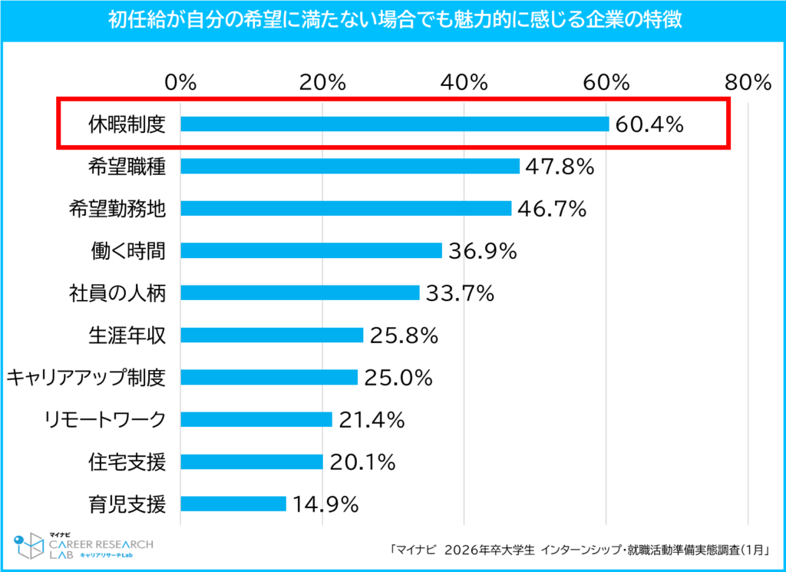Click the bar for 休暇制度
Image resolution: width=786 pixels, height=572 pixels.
coord(395,124)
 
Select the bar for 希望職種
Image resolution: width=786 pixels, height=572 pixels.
coord(350,166)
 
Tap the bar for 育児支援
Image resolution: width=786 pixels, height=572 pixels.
coord(233,504)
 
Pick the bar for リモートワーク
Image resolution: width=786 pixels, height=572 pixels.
coord(256,419)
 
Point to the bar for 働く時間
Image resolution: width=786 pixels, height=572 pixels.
coord(312,250)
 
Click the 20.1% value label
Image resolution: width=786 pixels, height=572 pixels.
coord(362,461)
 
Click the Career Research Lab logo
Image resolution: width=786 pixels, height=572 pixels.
coord(84,546)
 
